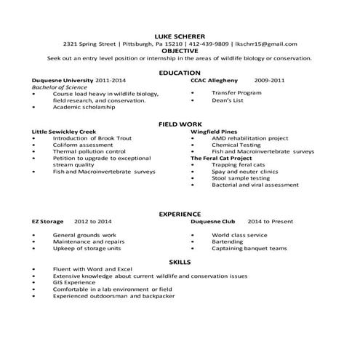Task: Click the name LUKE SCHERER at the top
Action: coord(180,36)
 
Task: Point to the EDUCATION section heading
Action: coord(180,73)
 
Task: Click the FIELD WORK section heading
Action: coord(180,124)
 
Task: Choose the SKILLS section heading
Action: coord(180,260)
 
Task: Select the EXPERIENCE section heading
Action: coord(180,214)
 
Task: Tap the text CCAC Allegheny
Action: coord(215,80)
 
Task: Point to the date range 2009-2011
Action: coord(269,80)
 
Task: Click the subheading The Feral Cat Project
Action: coord(221,158)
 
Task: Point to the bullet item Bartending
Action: coord(228,241)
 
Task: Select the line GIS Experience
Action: coord(74,283)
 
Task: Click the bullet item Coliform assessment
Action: coord(83,145)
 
